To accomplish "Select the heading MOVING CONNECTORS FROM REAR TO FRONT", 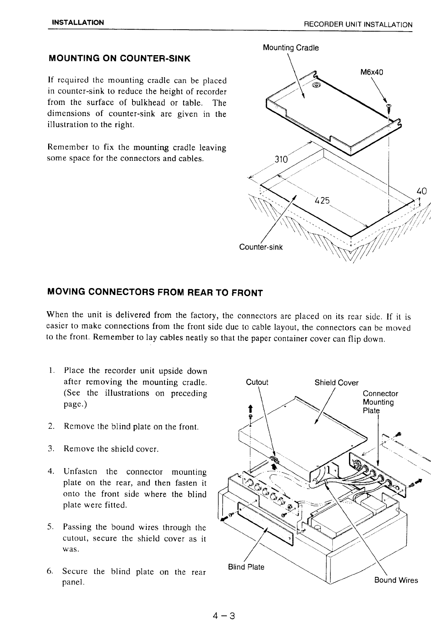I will (154, 293).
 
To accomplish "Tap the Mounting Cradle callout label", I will (291, 48).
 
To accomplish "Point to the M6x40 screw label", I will (372, 73).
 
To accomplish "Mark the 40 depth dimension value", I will (422, 190).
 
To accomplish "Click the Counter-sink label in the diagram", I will (261, 247).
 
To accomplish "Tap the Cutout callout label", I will (257, 382).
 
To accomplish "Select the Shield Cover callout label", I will (336, 383).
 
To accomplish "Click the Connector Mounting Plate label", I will (380, 402).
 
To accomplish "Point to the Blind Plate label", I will (246, 567).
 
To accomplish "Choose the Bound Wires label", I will (396, 580).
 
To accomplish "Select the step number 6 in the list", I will (50, 571).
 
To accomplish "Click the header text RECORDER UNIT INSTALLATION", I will (358, 25).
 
